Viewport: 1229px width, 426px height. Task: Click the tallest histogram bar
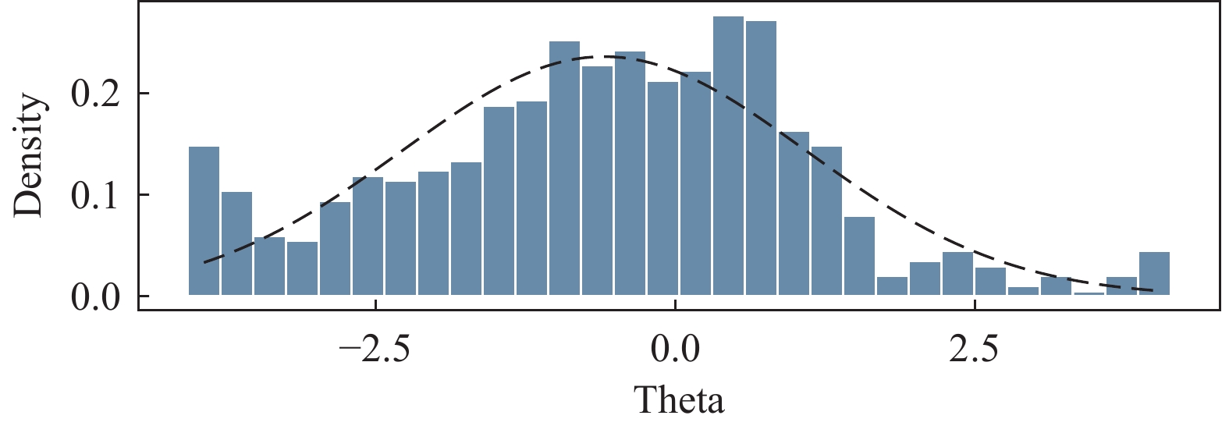(x=728, y=156)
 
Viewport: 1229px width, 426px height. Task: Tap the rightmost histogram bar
(x=1154, y=274)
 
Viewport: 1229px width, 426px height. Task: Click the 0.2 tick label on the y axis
(x=96, y=94)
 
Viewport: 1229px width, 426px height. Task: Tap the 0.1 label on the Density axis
(x=96, y=195)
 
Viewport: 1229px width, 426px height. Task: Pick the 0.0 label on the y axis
(x=96, y=296)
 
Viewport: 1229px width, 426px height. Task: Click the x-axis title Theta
(x=680, y=400)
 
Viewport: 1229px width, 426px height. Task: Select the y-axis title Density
(x=30, y=155)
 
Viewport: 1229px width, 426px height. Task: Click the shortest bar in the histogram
(x=1089, y=293)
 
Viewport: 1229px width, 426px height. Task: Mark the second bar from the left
(x=237, y=243)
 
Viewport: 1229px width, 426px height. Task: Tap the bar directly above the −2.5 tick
(x=368, y=236)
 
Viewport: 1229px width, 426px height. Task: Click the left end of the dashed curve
(x=204, y=262)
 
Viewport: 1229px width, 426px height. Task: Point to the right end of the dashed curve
(x=1153, y=290)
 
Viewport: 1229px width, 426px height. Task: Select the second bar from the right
(x=1121, y=286)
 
